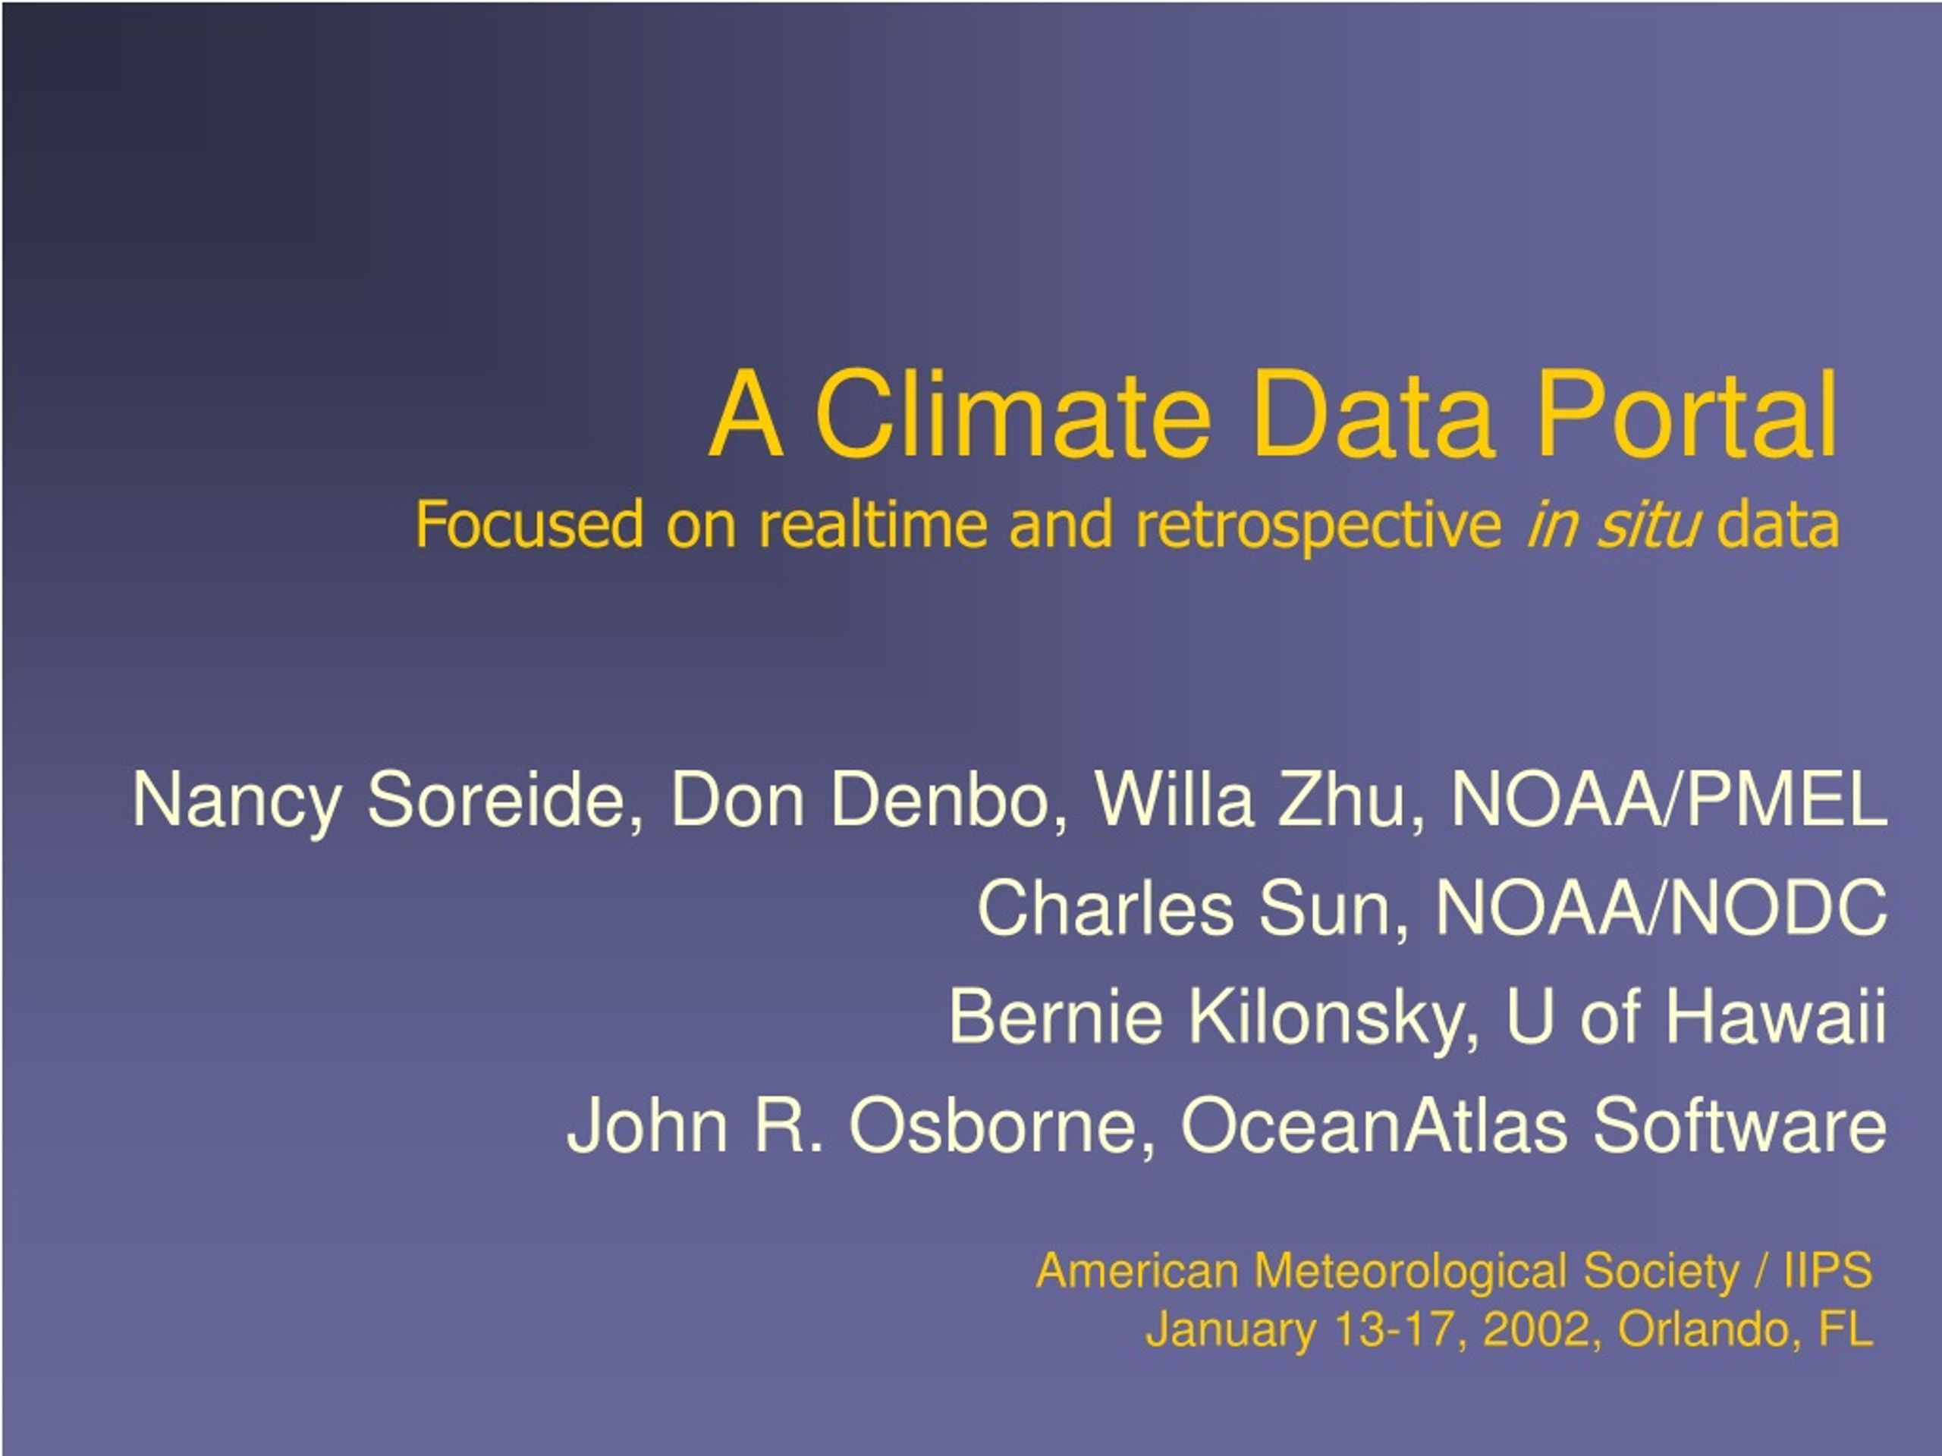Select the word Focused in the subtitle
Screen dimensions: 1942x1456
(529, 524)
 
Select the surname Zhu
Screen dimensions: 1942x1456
(1343, 799)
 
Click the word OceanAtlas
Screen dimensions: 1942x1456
(1374, 1125)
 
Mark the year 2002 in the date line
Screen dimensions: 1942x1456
(1536, 1329)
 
